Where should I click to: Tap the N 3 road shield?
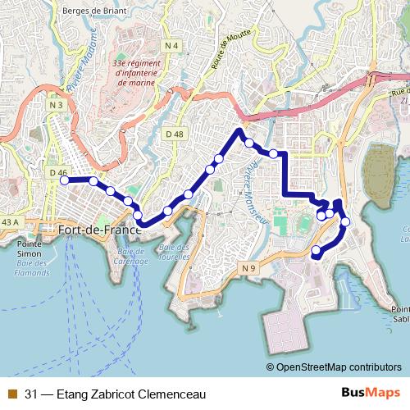click(56, 105)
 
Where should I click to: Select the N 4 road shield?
click(171, 44)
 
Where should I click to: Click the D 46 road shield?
click(57, 173)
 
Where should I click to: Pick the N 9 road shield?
click(249, 269)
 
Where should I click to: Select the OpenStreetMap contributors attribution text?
click(338, 367)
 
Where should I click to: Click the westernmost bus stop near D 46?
click(65, 180)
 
